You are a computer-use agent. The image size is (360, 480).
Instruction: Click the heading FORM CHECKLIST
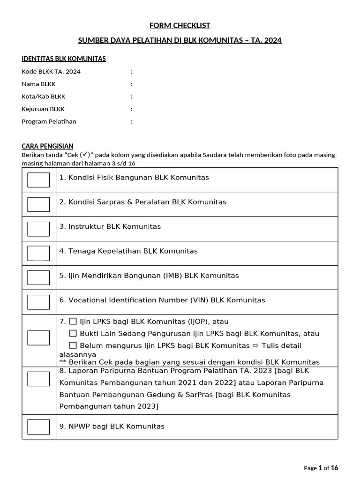(180, 25)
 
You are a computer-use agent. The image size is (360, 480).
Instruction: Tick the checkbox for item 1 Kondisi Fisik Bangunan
(38, 180)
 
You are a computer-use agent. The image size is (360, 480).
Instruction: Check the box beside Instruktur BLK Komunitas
(38, 229)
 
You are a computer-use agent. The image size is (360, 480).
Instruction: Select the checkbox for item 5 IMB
(38, 277)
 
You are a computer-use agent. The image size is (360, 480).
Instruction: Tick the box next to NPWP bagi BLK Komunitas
(38, 427)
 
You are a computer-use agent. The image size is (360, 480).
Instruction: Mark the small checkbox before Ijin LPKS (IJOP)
(73, 322)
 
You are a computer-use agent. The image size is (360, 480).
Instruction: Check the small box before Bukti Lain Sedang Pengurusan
(73, 333)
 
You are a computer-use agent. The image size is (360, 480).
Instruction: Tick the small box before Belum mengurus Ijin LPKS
(73, 345)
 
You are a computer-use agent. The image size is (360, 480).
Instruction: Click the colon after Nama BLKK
(132, 84)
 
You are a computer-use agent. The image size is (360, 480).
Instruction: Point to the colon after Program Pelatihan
(132, 121)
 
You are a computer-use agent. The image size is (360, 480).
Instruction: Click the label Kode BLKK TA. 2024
(51, 72)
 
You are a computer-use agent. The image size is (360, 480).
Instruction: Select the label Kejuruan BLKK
(43, 109)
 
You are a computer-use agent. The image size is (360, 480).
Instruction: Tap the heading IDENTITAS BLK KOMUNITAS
(64, 59)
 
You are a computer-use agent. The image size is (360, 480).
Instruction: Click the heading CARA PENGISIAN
(47, 146)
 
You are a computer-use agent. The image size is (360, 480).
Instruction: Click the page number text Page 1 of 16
(321, 468)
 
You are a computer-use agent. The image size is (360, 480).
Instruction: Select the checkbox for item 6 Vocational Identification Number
(38, 302)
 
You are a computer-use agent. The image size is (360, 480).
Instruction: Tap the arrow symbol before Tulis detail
(255, 346)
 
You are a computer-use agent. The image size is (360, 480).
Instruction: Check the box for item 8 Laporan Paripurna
(38, 379)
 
